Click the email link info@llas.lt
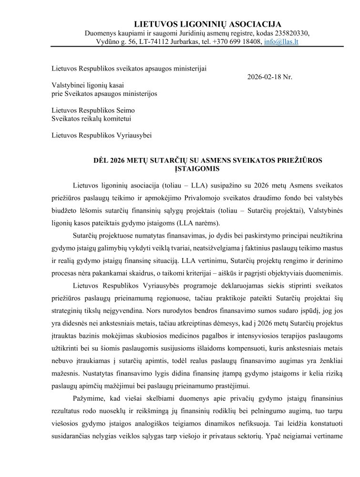pyautogui.click(x=281, y=41)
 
